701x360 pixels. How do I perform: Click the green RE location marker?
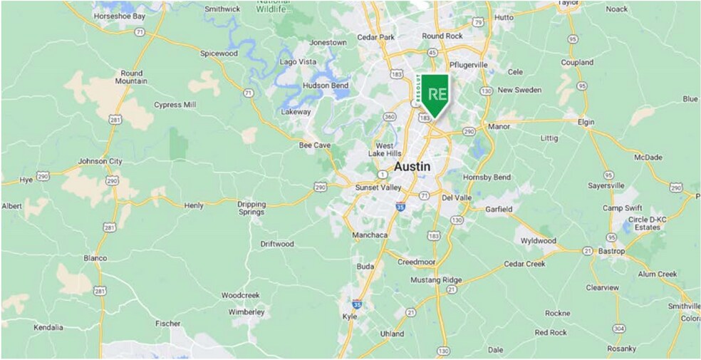[x=435, y=94]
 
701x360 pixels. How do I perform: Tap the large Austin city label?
[x=412, y=166]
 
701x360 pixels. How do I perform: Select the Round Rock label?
[x=442, y=36]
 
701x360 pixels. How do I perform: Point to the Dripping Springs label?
[x=251, y=207]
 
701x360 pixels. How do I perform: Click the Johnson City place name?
[x=100, y=161]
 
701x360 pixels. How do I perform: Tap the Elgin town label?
[x=586, y=122]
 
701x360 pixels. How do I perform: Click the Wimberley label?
[x=246, y=312]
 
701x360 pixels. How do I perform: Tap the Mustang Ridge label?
[x=436, y=279]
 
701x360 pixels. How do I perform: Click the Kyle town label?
[x=350, y=316]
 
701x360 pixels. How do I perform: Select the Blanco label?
[x=95, y=258]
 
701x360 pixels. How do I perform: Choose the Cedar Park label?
[x=375, y=37]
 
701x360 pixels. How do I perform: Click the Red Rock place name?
[x=551, y=332]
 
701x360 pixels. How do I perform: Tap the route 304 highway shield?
[x=620, y=328]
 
